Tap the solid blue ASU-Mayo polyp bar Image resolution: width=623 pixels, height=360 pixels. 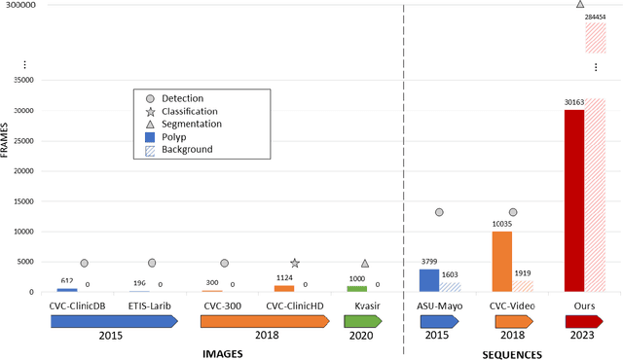tap(428, 280)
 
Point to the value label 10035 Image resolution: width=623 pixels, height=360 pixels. tap(501, 224)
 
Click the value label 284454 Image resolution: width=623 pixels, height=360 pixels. tap(595, 17)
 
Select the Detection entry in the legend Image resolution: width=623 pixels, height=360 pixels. tap(183, 99)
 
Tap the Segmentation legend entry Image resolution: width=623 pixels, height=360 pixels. tap(188, 125)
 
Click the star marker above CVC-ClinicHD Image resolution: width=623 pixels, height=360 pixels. tap(295, 263)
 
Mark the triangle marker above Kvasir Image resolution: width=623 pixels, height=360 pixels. tap(365, 263)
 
